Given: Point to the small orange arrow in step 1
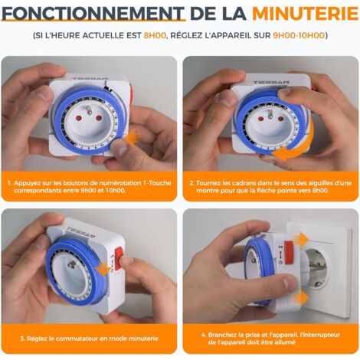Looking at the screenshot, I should tap(131, 138).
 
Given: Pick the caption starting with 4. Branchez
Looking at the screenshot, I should tap(270, 339).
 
